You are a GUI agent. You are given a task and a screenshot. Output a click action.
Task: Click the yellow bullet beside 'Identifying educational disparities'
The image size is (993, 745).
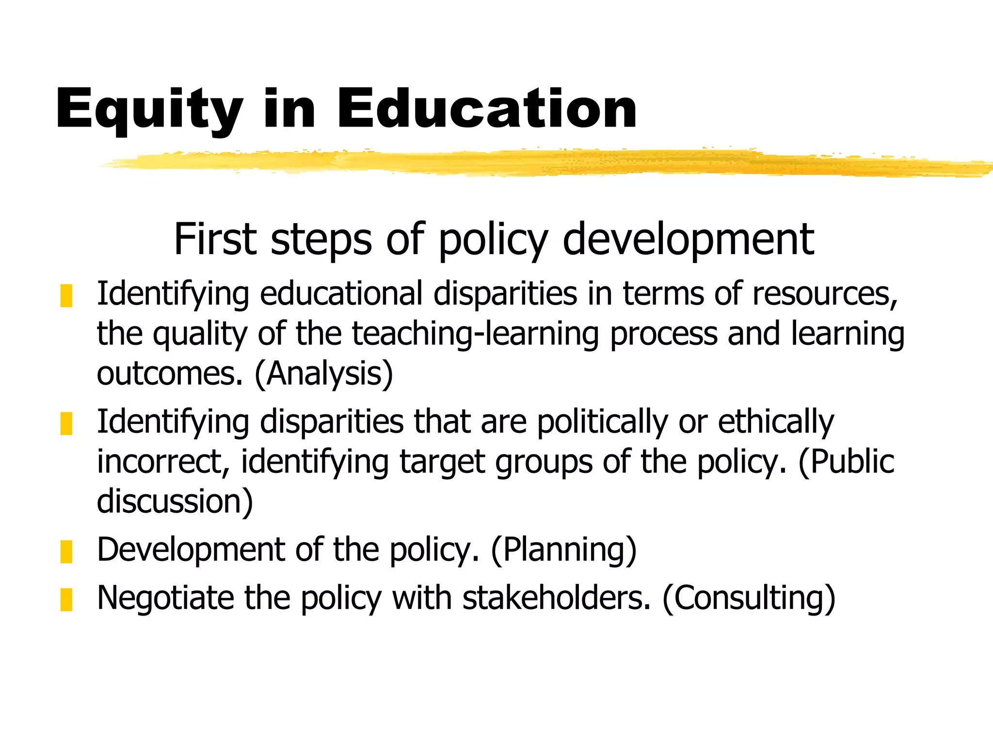(x=66, y=296)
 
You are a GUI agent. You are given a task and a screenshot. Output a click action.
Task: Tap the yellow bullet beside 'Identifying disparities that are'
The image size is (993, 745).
(x=66, y=423)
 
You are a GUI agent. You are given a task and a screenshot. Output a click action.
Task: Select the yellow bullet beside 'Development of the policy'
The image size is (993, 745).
(x=66, y=551)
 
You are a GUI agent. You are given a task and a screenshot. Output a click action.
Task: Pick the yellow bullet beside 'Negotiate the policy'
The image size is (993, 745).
(x=66, y=599)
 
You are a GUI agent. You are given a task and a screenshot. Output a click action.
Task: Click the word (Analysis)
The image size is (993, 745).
(x=324, y=374)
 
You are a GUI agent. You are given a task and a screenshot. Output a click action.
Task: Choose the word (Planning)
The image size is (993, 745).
(x=563, y=550)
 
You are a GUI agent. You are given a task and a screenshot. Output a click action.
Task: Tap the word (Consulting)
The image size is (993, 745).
(x=749, y=598)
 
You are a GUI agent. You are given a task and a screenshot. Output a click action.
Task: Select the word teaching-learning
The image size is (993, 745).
(x=475, y=334)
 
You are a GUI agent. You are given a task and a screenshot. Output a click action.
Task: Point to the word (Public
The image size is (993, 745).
(x=846, y=462)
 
